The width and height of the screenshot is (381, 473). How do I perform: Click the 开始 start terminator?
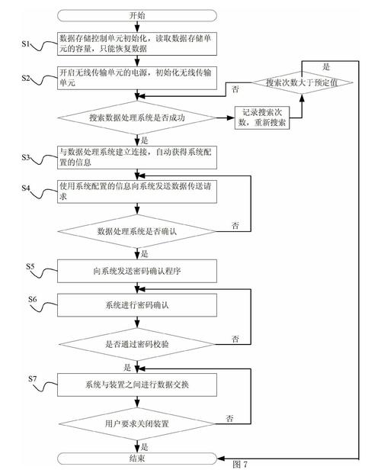pyautogui.click(x=138, y=15)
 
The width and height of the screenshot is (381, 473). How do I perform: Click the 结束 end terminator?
pyautogui.click(x=138, y=459)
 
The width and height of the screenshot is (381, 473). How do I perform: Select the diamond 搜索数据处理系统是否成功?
pyautogui.click(x=138, y=118)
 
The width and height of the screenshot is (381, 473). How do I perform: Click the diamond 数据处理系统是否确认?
pyautogui.click(x=138, y=229)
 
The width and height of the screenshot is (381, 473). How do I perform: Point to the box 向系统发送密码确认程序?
pyautogui.click(x=138, y=270)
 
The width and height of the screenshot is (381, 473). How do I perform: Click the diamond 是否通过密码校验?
pyautogui.click(x=138, y=344)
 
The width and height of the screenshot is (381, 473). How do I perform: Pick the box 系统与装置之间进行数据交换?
pyautogui.click(x=138, y=384)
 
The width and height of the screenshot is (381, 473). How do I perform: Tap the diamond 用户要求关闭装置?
pyautogui.click(x=138, y=421)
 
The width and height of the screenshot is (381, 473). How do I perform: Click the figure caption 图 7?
pyautogui.click(x=240, y=464)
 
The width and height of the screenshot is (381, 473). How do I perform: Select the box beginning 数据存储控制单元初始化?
pyautogui.click(x=138, y=44)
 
